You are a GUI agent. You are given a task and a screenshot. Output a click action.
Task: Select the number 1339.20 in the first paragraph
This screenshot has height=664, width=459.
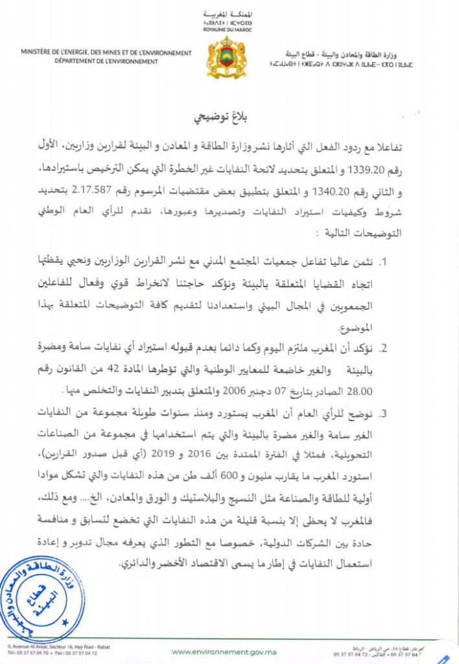pyautogui.click(x=371, y=171)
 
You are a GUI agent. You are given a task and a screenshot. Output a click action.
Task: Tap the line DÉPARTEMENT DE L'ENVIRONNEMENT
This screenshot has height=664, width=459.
pyautogui.click(x=106, y=62)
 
